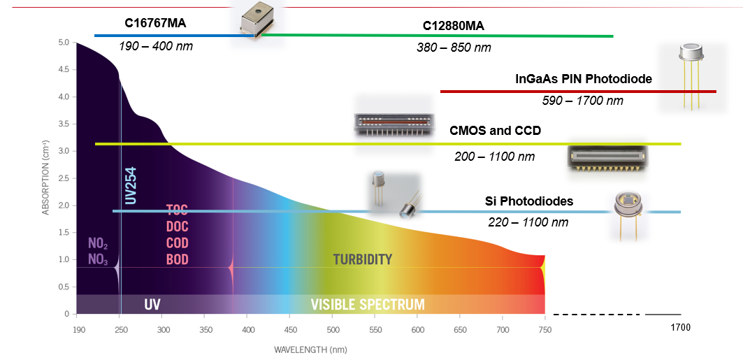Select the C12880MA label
(454, 27)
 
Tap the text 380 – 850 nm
(454, 48)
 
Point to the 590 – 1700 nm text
(583, 101)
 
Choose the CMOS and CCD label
(495, 131)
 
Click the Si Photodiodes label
(529, 201)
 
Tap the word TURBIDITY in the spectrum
(362, 259)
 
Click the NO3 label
(98, 259)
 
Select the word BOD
(177, 259)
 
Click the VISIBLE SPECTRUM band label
(368, 305)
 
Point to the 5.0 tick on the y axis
(64, 43)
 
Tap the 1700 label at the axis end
(681, 327)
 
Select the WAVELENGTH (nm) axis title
(310, 350)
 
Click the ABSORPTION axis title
(45, 178)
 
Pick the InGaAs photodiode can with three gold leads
(691, 73)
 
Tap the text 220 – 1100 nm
(528, 222)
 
